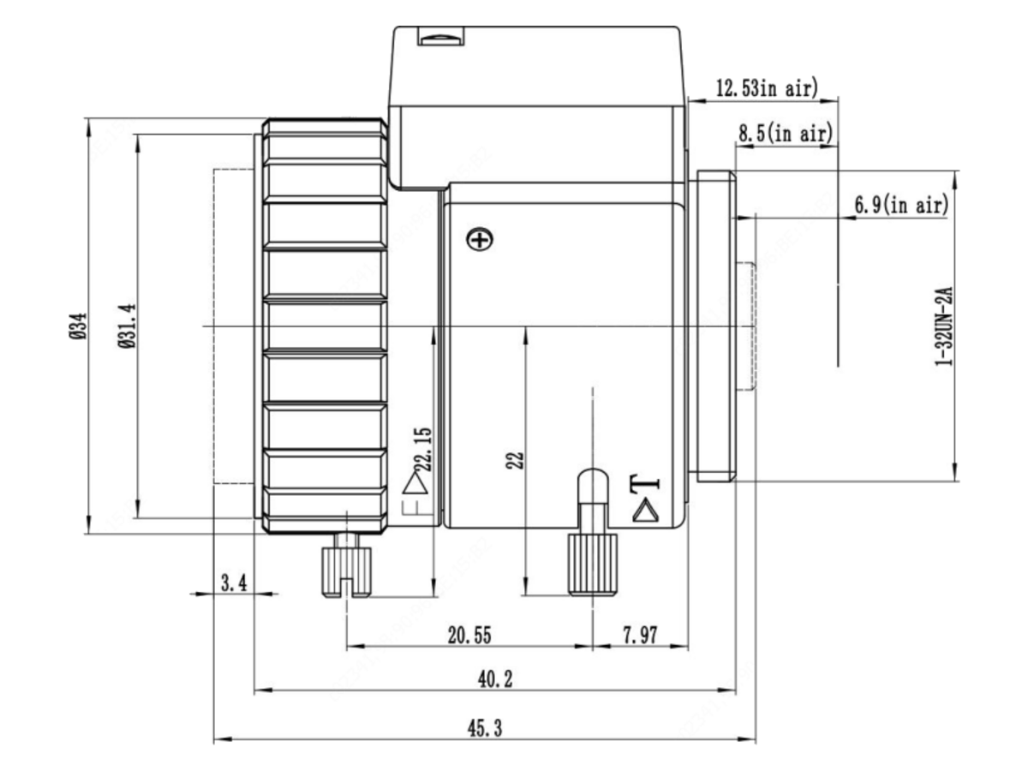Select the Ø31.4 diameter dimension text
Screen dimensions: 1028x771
(127, 326)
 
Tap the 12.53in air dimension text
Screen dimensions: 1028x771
(767, 88)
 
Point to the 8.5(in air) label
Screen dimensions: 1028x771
(786, 133)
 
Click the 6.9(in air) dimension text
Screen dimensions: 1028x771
(901, 205)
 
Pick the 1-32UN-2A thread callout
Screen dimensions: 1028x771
(944, 326)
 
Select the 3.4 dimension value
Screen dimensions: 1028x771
(234, 583)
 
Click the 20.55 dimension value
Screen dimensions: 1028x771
(469, 636)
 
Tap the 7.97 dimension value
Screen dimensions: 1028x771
(640, 636)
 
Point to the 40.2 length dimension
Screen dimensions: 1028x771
(495, 679)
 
